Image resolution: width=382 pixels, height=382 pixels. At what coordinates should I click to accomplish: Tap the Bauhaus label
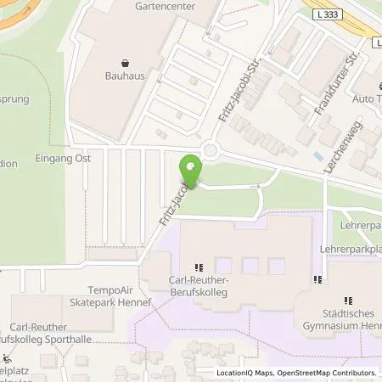tap(125, 76)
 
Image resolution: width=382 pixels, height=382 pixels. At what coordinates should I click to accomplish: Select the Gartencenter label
tap(165, 6)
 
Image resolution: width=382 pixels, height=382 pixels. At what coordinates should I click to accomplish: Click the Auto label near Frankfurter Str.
tap(368, 98)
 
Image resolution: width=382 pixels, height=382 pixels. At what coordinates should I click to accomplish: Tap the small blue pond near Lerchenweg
tap(317, 157)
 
